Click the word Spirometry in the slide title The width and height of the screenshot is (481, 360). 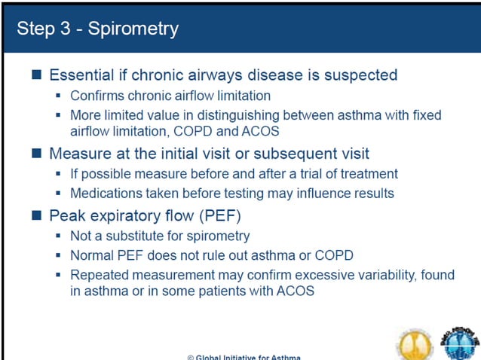click(x=133, y=29)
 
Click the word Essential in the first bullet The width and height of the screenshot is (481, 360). click(x=81, y=75)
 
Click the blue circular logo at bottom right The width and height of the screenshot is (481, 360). click(x=460, y=343)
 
